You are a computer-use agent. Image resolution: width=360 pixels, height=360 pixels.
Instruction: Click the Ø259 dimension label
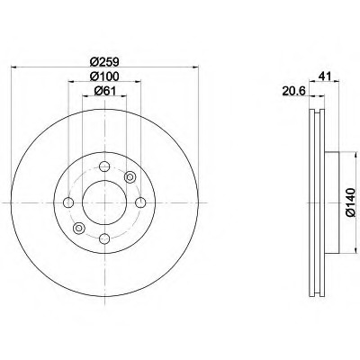[x=103, y=60]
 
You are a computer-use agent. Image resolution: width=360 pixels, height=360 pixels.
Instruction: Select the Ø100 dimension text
[x=103, y=78]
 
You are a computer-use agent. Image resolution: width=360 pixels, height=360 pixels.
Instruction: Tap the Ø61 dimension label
[x=103, y=96]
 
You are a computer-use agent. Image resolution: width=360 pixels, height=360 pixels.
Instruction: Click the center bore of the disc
[x=104, y=202]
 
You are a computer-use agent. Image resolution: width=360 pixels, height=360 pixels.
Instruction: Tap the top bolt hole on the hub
[x=104, y=166]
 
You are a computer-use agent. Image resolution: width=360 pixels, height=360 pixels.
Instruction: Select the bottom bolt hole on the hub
[x=104, y=238]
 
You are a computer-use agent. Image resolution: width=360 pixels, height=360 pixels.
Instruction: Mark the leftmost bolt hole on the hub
[x=68, y=202]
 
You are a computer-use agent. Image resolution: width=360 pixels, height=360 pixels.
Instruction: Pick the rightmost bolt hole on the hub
[x=140, y=202]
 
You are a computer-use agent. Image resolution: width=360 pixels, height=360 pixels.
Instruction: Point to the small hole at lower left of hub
[x=78, y=227]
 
